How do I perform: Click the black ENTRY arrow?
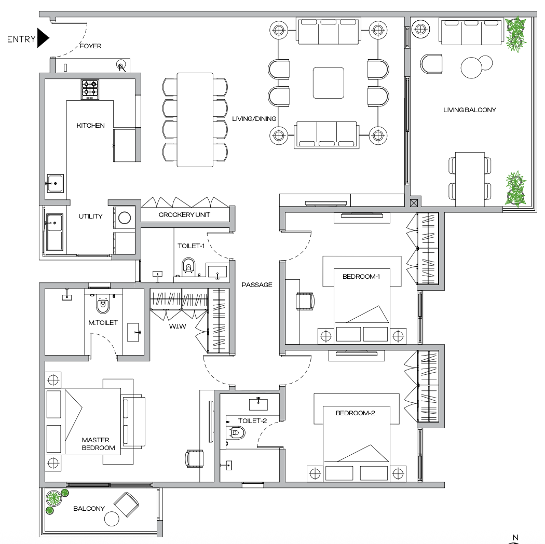tap(44, 38)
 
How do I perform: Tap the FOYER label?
tap(90, 46)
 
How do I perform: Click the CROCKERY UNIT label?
tap(184, 215)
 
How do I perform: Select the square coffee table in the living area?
tap(328, 83)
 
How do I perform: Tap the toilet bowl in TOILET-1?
tap(189, 265)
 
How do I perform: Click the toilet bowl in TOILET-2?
tap(237, 432)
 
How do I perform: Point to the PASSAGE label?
tap(257, 285)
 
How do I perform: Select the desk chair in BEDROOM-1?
tap(305, 301)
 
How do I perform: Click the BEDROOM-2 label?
tap(356, 414)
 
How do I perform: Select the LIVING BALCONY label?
tap(470, 110)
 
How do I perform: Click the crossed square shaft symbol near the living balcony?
tap(414, 203)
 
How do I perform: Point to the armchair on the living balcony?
tap(431, 65)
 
